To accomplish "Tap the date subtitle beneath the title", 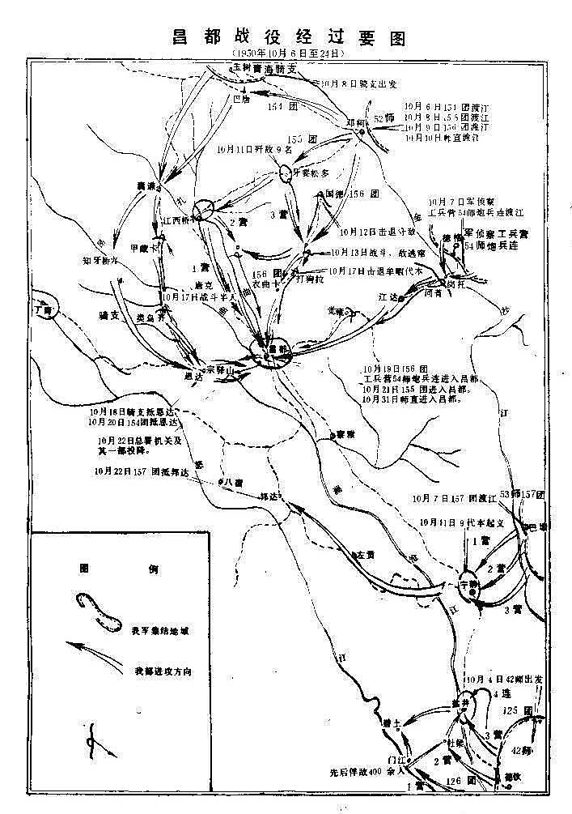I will [287, 53].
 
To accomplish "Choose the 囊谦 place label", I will [146, 185].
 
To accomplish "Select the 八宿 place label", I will [233, 481].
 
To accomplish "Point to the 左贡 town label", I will [366, 555].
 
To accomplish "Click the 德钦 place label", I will [510, 775].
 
